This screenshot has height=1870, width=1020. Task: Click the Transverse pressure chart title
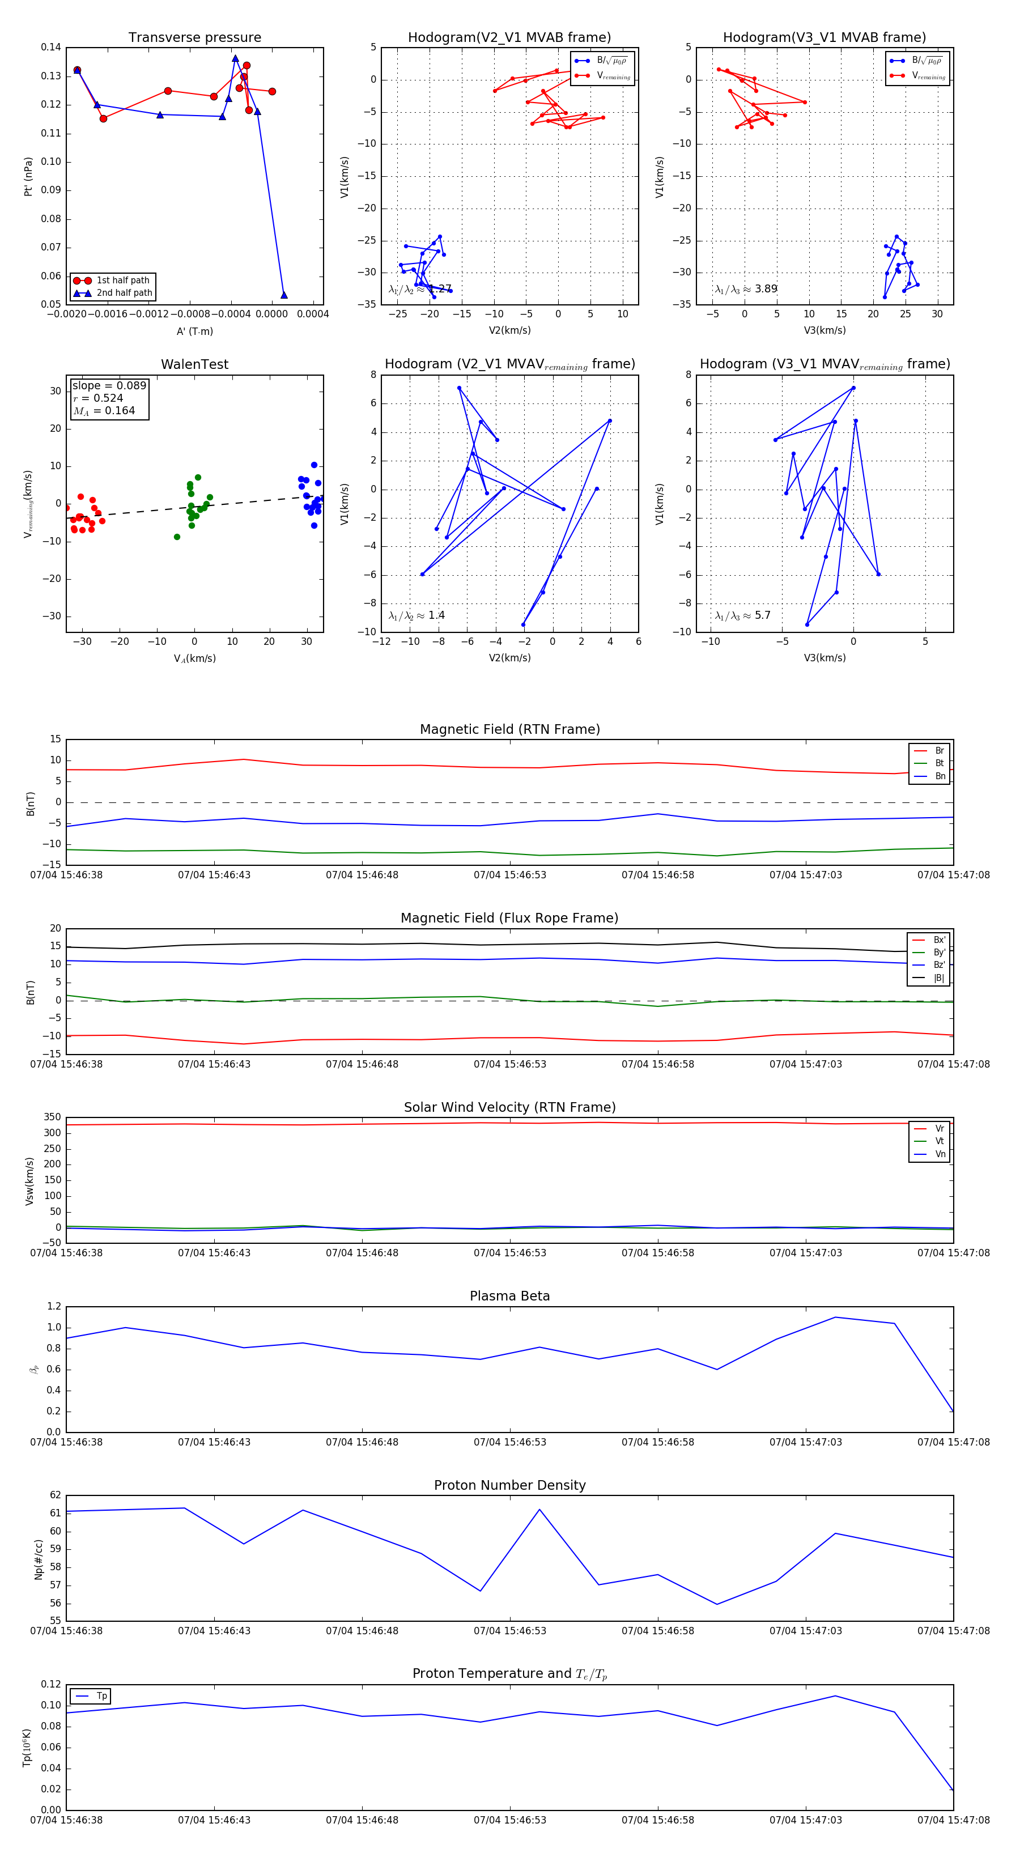click(x=194, y=38)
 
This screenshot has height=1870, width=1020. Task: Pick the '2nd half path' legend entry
click(x=124, y=294)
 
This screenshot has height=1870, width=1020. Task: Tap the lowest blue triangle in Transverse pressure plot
click(x=284, y=295)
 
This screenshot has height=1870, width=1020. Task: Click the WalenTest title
click(x=194, y=364)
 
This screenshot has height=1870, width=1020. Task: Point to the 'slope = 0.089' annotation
click(x=109, y=385)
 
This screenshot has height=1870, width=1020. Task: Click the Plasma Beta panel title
click(x=509, y=1296)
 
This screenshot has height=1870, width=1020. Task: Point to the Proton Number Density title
click(x=509, y=1485)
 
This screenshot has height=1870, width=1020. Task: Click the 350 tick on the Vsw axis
click(x=52, y=1117)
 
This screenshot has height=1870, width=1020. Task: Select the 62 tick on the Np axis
click(x=55, y=1495)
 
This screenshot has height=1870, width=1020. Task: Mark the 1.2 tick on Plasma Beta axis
click(x=54, y=1306)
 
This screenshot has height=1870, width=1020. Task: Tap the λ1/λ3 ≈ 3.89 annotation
click(x=746, y=289)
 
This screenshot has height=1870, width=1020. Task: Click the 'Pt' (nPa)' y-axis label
click(x=28, y=176)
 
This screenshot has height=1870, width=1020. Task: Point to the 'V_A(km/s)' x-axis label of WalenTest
click(x=194, y=658)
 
